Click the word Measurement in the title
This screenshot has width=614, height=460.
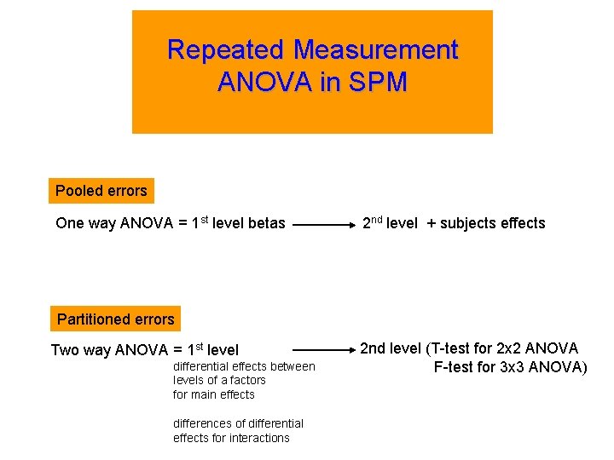click(377, 50)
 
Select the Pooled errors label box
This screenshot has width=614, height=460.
click(101, 191)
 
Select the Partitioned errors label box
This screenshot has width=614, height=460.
click(115, 319)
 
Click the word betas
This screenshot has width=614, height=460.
click(264, 224)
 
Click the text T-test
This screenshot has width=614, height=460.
click(460, 348)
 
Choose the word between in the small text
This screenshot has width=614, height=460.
click(293, 366)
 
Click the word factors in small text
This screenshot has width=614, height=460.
click(246, 380)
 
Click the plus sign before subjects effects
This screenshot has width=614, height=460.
click(432, 223)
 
